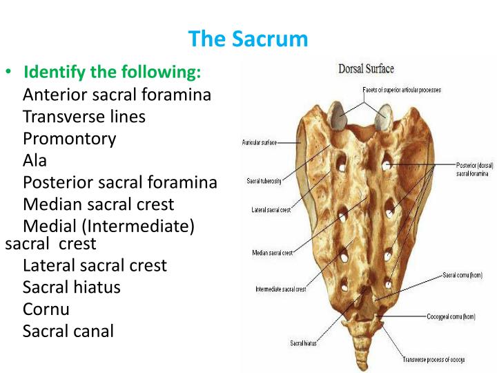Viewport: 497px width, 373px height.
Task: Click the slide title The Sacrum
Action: pyautogui.click(x=248, y=39)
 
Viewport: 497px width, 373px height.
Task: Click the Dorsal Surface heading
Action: pyautogui.click(x=366, y=69)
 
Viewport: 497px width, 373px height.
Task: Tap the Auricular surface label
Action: pyautogui.click(x=259, y=142)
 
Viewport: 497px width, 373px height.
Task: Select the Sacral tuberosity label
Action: pyautogui.click(x=262, y=182)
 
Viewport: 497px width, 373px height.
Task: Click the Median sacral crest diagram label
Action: pyautogui.click(x=272, y=253)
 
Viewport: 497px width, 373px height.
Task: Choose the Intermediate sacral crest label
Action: pyautogui.click(x=280, y=289)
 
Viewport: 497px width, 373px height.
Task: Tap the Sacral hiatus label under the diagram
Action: pyautogui.click(x=304, y=343)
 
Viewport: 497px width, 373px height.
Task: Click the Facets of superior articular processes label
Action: pyautogui.click(x=402, y=90)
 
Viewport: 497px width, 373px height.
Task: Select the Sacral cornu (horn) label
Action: pyautogui.click(x=462, y=275)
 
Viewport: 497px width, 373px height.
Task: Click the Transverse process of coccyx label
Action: pyautogui.click(x=434, y=359)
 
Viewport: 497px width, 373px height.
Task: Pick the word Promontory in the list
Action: pyautogui.click(x=69, y=139)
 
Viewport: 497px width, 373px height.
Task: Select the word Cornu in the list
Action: pyautogui.click(x=46, y=309)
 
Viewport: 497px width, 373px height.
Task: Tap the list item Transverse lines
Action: pyautogui.click(x=84, y=117)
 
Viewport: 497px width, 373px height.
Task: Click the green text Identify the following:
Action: pyautogui.click(x=112, y=73)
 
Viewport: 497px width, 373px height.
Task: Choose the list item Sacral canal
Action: pyautogui.click(x=68, y=331)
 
